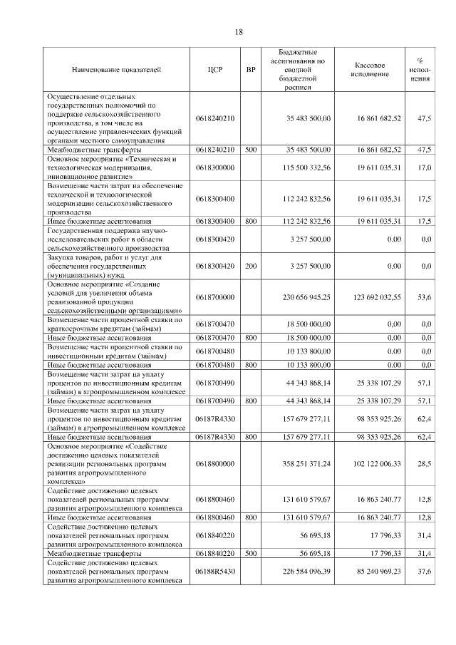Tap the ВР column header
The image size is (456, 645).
pyautogui.click(x=250, y=70)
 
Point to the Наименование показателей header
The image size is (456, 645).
pyautogui.click(x=116, y=70)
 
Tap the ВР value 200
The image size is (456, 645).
pyautogui.click(x=250, y=266)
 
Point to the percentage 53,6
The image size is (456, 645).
pyautogui.click(x=425, y=296)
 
